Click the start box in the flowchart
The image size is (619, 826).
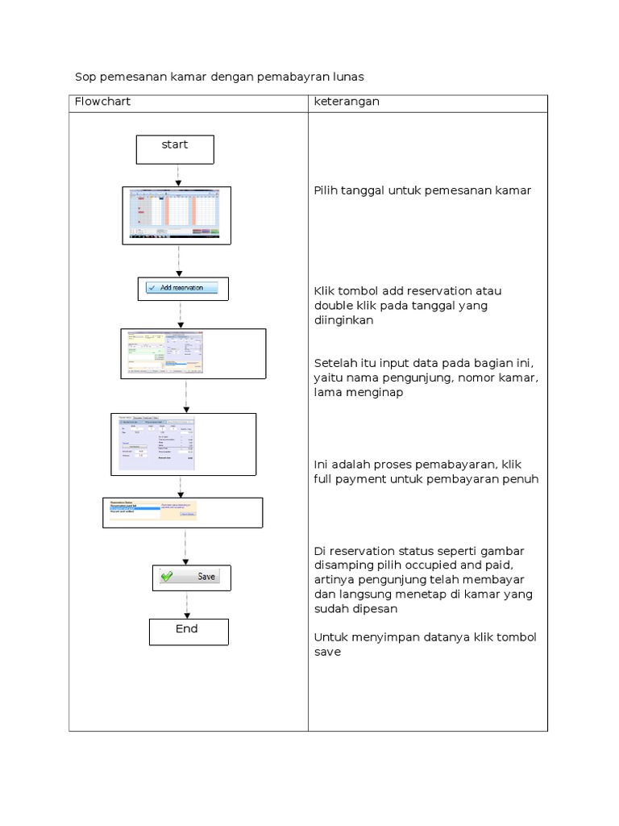[x=175, y=149]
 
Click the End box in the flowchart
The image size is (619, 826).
[x=189, y=632]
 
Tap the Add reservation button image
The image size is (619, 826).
[x=183, y=288]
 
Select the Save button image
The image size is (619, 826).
[x=192, y=578]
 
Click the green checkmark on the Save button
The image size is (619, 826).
[x=167, y=577]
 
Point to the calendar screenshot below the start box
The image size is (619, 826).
[x=177, y=215]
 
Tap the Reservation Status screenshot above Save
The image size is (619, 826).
[x=152, y=510]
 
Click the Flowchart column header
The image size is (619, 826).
[x=102, y=102]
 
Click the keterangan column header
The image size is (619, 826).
[x=347, y=102]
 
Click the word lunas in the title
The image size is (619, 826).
[x=347, y=77]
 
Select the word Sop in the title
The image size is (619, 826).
[x=85, y=77]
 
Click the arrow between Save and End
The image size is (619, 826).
[x=187, y=605]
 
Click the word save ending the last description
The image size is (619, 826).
[x=327, y=652]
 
